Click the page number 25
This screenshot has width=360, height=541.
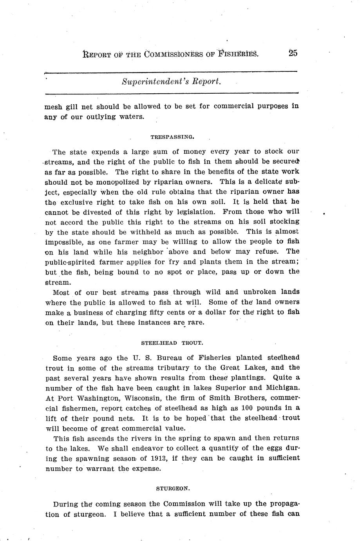[x=293, y=53]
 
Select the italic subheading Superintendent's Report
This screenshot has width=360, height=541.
[x=172, y=82]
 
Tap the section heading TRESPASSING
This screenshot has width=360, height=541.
[x=172, y=137]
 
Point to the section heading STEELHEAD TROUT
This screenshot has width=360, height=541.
[x=172, y=343]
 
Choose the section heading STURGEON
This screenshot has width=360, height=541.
[x=173, y=489]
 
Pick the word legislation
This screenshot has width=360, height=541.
[x=191, y=212]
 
